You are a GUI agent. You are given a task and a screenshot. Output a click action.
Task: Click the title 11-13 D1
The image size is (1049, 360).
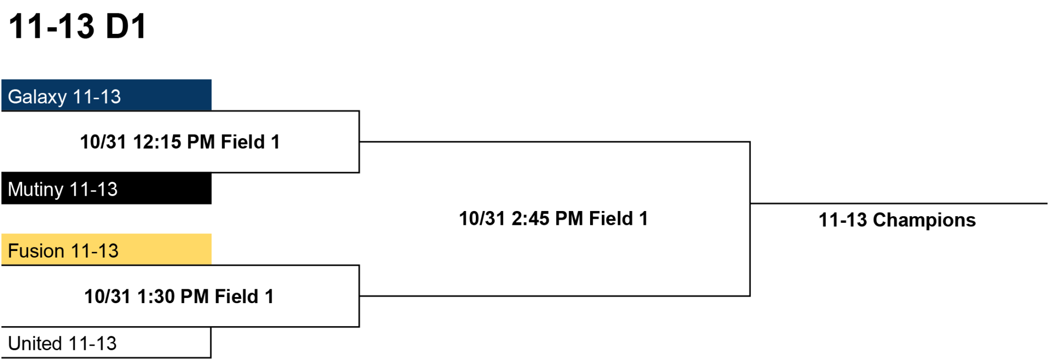point(78,27)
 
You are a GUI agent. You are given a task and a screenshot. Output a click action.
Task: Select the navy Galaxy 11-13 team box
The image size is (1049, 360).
point(107,95)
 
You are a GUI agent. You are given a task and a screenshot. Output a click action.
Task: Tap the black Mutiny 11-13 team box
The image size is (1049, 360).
point(107,188)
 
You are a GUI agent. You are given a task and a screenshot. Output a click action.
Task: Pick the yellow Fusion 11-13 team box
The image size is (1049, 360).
point(107,249)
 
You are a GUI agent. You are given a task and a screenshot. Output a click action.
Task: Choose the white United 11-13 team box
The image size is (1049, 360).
point(106,343)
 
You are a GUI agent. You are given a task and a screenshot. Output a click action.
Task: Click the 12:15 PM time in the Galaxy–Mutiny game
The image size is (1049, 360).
point(174,142)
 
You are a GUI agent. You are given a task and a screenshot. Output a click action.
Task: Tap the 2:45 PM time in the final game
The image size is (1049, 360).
point(547,219)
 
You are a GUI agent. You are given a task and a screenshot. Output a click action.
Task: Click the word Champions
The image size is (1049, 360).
point(924,220)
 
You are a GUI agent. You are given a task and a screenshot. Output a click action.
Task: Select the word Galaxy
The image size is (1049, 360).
point(37,97)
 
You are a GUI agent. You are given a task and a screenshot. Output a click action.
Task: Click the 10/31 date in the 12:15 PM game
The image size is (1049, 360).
point(103,142)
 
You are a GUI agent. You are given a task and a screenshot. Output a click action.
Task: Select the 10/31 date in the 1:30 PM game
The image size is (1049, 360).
point(108,297)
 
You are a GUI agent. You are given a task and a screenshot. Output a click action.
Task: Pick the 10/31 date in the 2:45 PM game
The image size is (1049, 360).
point(482,219)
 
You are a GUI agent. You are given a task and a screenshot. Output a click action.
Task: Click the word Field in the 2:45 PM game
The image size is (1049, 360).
point(611,219)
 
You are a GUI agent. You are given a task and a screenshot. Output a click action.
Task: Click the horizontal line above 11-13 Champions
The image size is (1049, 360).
point(899,203)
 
